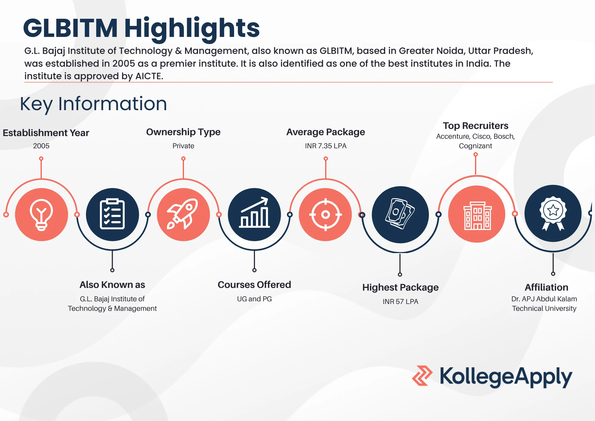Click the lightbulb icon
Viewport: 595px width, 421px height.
[x=41, y=215]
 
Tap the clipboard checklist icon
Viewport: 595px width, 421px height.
[x=112, y=214]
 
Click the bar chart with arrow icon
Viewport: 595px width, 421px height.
[x=254, y=213]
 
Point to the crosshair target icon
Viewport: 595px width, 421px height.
[x=325, y=214]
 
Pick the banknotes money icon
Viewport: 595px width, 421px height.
[x=400, y=214]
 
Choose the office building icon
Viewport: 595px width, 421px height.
[x=477, y=215]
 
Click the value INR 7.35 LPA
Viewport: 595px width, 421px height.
[x=325, y=146]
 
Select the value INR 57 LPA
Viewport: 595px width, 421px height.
[x=400, y=302]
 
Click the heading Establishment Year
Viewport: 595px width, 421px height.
[x=46, y=133]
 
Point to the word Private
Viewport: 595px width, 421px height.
[x=183, y=146]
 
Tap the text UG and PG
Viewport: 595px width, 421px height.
[x=254, y=299]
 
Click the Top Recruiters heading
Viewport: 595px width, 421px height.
[x=475, y=126]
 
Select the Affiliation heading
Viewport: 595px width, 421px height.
[x=546, y=287]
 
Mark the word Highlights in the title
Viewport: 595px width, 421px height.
[x=192, y=29]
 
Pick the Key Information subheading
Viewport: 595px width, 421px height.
[x=93, y=104]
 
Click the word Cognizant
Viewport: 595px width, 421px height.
[x=475, y=146]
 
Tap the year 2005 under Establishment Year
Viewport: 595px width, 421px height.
[x=41, y=146]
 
